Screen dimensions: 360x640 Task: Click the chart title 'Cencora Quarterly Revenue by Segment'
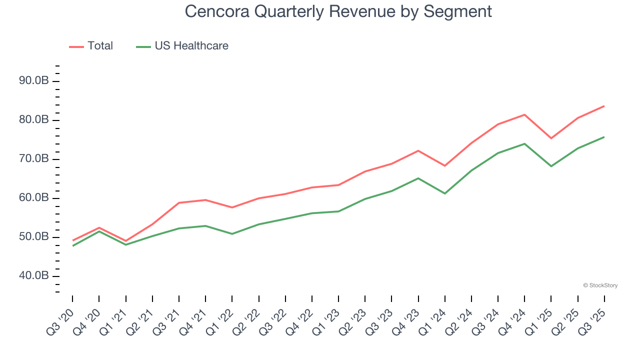coord(338,11)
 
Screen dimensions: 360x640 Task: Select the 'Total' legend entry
coord(99,46)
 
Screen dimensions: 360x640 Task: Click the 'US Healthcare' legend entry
coord(191,46)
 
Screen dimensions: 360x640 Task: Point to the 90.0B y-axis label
coord(33,81)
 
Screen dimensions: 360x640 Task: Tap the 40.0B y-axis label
coord(33,276)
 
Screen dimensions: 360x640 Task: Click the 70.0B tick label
coord(33,159)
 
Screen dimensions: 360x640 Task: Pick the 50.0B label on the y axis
coord(33,237)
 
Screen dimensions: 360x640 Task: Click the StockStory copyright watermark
coord(600,285)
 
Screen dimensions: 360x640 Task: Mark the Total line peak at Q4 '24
coord(524,114)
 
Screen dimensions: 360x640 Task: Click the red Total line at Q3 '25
coord(604,106)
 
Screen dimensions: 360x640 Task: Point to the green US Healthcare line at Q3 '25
coord(604,137)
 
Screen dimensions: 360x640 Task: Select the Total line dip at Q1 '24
coord(444,165)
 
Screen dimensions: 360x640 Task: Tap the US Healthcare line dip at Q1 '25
coord(551,166)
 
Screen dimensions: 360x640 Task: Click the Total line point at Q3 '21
coord(179,202)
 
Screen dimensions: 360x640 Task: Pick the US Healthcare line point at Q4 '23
coord(418,178)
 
